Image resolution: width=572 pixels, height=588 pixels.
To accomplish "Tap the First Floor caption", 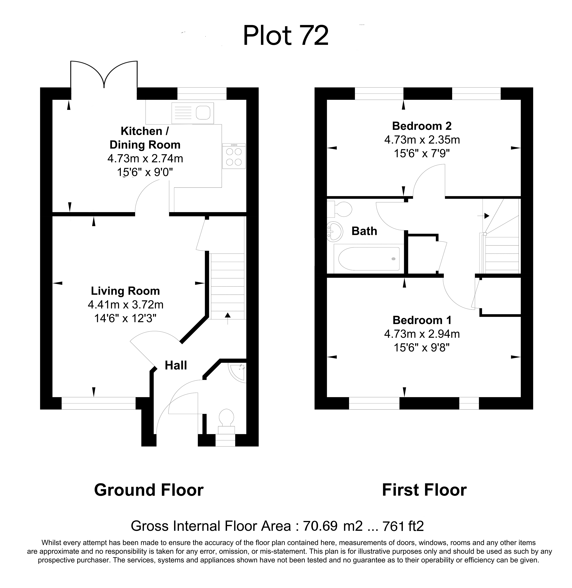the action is point(424,490).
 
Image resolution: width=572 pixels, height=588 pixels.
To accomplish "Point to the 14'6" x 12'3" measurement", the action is point(125,318).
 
